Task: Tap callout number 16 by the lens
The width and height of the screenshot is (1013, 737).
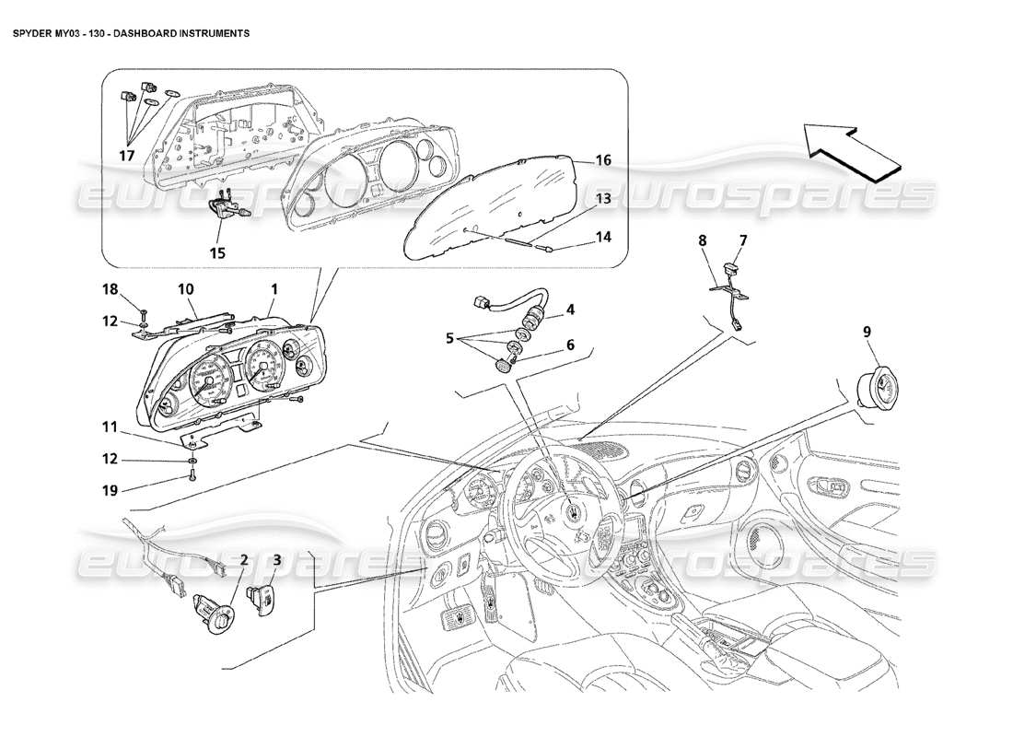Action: tap(602, 160)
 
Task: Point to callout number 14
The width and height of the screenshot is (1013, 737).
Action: tap(602, 237)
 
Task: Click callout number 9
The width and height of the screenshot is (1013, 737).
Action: tap(867, 331)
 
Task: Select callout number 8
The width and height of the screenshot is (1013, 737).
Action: tap(702, 240)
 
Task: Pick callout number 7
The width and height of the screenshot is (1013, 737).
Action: tap(741, 240)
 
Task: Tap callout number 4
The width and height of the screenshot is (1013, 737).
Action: tap(570, 309)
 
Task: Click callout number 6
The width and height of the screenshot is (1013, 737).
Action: tap(570, 345)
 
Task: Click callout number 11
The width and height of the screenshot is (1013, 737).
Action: tap(110, 427)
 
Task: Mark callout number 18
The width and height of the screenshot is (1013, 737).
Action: tap(110, 289)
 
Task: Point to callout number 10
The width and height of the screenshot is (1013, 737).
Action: tap(184, 289)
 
